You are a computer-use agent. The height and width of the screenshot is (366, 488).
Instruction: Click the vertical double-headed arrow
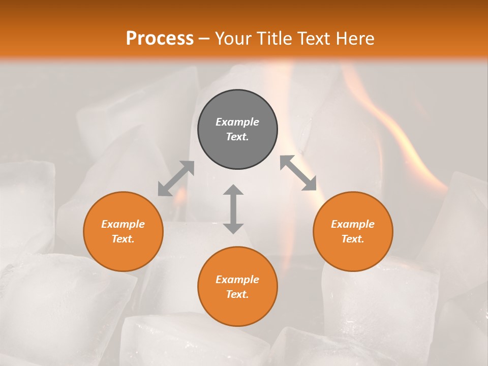point(233,209)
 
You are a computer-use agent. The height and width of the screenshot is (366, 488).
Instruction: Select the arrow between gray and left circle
point(176,178)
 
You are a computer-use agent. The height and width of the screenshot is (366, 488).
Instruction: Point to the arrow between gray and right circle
point(298,173)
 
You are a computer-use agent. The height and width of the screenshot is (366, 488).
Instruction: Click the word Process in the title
point(160,38)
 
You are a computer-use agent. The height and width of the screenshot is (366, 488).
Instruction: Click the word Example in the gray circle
point(237,122)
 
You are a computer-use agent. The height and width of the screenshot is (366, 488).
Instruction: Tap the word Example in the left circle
point(123,224)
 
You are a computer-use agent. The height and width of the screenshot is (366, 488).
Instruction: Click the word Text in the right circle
point(351,239)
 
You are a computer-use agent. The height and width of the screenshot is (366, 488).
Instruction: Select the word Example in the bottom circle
point(237,280)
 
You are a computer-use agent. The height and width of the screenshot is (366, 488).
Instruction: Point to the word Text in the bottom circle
point(236,294)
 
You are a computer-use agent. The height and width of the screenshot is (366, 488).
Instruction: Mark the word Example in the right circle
point(353,224)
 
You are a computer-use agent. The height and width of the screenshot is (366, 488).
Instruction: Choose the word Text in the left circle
point(122,239)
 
